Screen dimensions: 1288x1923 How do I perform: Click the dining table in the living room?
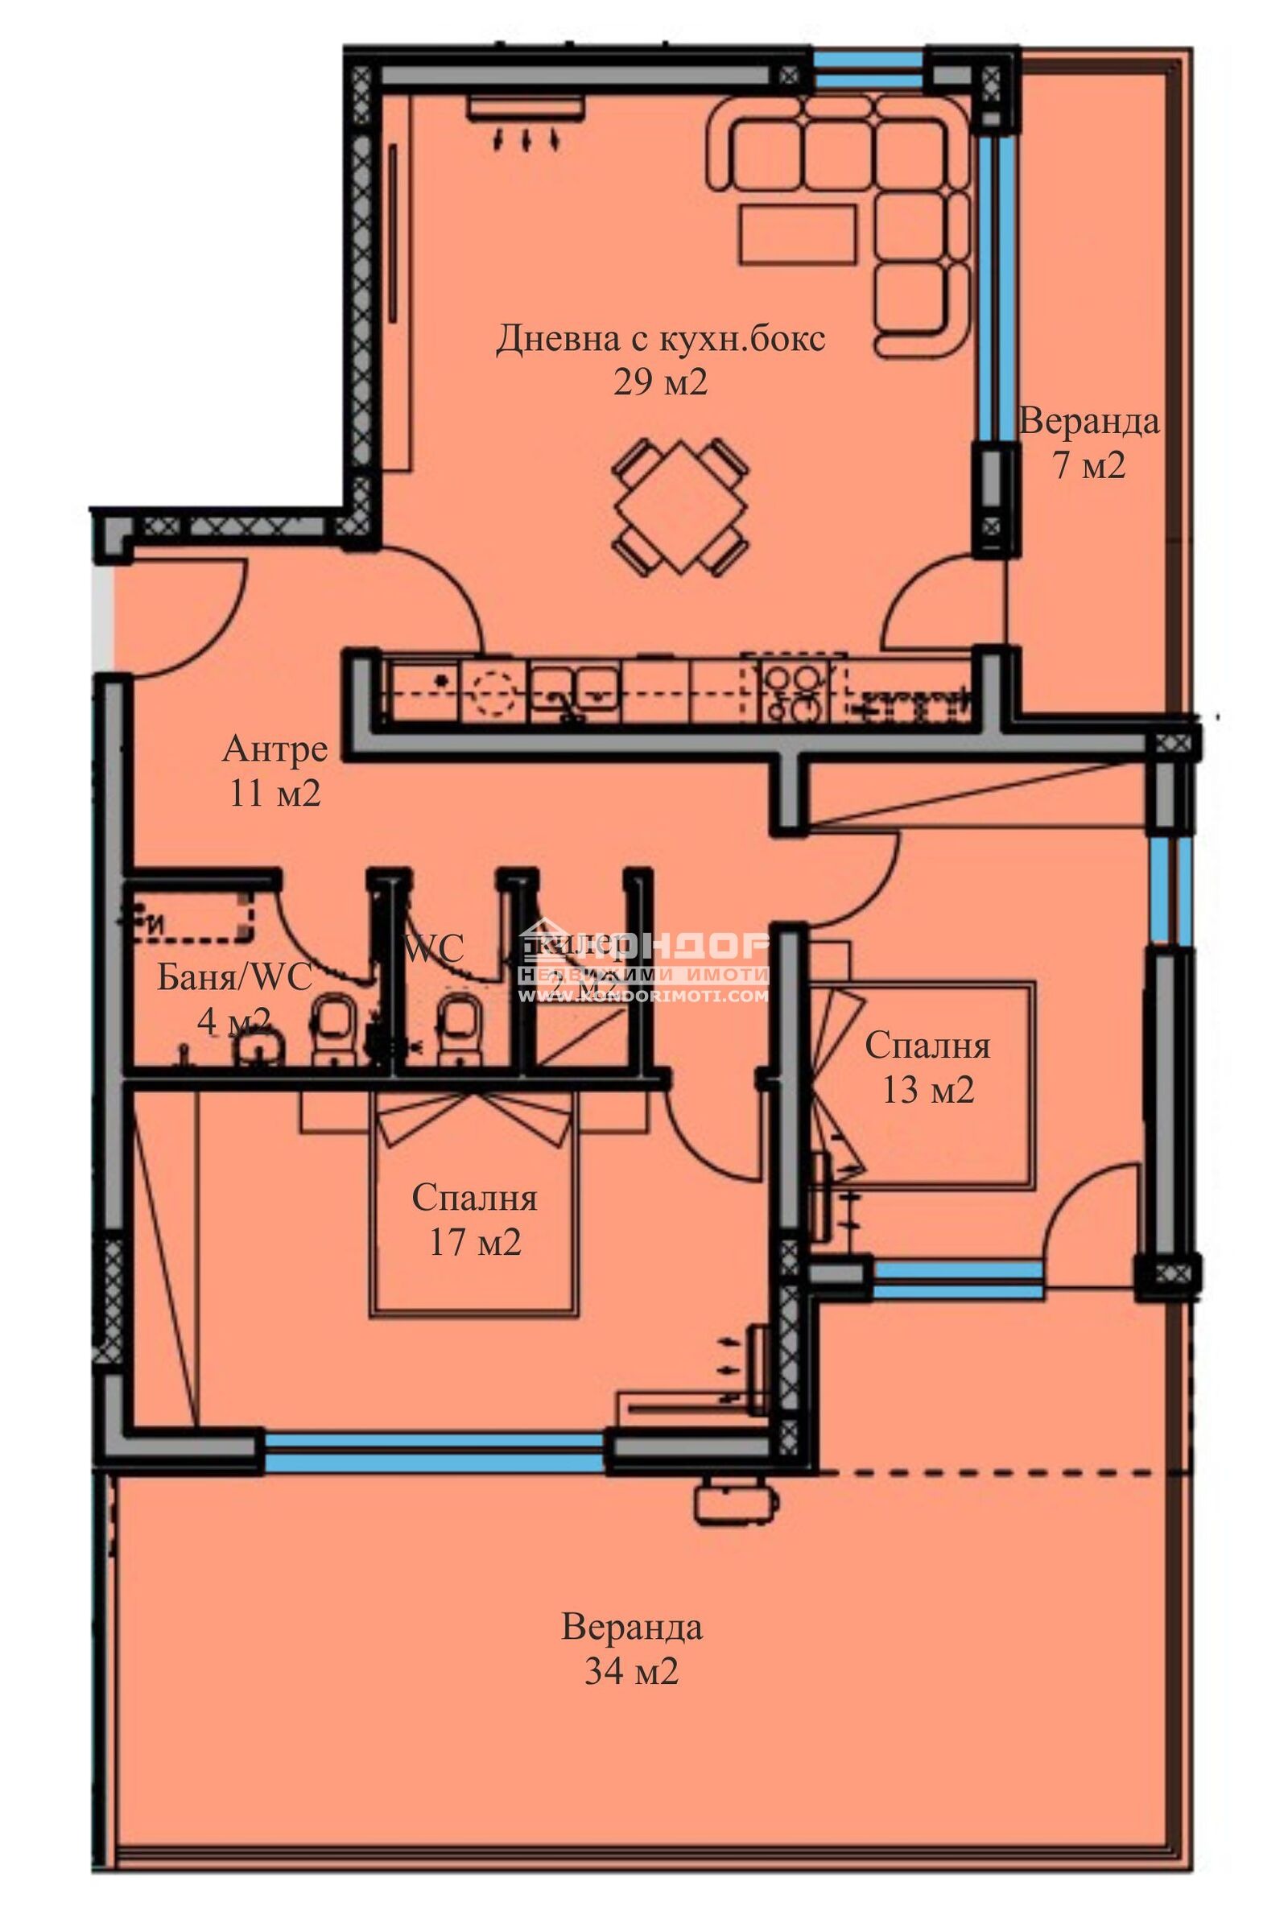[681, 506]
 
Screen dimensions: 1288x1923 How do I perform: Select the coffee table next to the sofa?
[798, 233]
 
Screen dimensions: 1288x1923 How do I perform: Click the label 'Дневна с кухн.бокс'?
[660, 338]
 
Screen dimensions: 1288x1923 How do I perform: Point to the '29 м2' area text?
[660, 382]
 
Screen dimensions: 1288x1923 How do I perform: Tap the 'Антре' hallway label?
[275, 749]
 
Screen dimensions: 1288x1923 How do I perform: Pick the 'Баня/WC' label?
[234, 976]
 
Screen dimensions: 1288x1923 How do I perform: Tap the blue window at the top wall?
[869, 70]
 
